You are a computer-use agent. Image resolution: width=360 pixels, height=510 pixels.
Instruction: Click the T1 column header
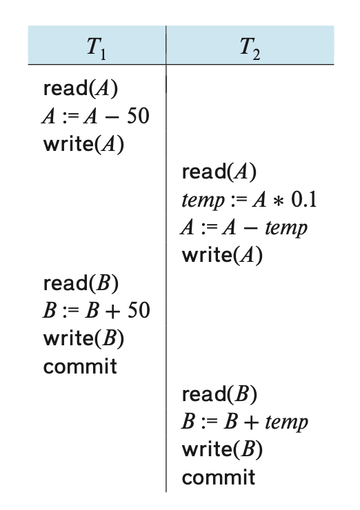click(x=97, y=49)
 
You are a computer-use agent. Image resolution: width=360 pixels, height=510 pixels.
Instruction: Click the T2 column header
click(x=250, y=49)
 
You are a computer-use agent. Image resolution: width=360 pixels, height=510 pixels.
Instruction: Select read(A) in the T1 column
click(x=81, y=88)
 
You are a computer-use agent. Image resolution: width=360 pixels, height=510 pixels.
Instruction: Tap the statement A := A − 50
click(x=96, y=116)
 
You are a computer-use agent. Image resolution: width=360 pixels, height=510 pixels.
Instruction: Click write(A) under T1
click(x=83, y=144)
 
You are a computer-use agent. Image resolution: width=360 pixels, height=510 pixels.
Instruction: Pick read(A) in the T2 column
click(x=219, y=172)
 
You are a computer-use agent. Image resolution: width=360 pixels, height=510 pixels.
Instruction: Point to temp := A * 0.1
click(x=249, y=200)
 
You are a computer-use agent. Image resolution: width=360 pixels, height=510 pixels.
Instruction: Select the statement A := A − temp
click(x=244, y=227)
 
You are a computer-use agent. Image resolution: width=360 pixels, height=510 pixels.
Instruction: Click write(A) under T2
click(x=222, y=255)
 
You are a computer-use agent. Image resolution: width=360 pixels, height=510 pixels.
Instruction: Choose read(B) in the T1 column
click(x=81, y=283)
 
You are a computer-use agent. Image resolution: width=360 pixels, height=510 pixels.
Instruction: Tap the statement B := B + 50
click(x=97, y=310)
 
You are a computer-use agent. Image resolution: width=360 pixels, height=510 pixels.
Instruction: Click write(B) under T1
click(x=83, y=338)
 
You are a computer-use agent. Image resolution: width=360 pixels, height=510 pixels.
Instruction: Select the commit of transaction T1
click(x=80, y=366)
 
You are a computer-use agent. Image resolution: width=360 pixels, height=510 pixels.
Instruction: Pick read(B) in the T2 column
click(x=219, y=394)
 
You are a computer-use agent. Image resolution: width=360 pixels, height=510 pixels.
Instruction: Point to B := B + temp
click(x=244, y=422)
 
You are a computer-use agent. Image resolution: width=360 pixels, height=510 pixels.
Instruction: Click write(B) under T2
click(x=222, y=449)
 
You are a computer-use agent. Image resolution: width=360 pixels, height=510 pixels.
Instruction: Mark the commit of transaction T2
click(x=219, y=478)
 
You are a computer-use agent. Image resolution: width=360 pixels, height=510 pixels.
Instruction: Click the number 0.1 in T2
click(x=304, y=199)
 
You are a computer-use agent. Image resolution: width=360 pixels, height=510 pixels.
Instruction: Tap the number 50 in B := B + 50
click(x=139, y=310)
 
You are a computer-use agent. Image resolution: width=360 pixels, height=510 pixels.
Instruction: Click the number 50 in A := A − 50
click(x=138, y=116)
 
